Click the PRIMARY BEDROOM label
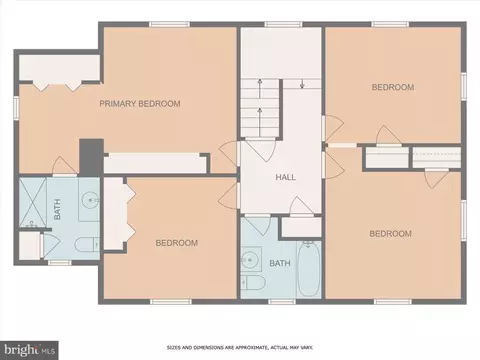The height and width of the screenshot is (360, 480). click(x=140, y=104)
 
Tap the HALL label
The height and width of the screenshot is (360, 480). click(x=286, y=177)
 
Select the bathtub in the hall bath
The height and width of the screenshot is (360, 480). click(x=309, y=269)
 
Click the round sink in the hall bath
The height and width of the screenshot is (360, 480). click(x=248, y=258)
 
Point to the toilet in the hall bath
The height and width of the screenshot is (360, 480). click(x=253, y=282)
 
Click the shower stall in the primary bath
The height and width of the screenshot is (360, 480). click(x=33, y=202)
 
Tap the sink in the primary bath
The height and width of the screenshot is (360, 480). click(x=90, y=200)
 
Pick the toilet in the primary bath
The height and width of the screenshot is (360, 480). click(x=87, y=245)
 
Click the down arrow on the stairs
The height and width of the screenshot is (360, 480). click(x=302, y=83)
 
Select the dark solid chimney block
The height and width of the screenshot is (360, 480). click(x=91, y=157)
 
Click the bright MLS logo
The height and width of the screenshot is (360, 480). click(x=29, y=350)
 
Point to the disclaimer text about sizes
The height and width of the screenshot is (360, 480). click(x=240, y=348)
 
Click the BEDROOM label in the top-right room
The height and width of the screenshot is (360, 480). click(x=393, y=87)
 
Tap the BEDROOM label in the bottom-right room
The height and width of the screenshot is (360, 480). click(x=390, y=233)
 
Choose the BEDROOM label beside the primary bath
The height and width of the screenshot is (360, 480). click(x=177, y=243)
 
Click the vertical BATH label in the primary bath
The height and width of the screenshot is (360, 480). click(x=57, y=209)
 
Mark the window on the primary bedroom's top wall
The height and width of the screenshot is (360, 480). click(x=169, y=24)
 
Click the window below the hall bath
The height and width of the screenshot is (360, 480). click(x=282, y=302)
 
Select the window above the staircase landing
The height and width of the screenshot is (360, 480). click(x=283, y=24)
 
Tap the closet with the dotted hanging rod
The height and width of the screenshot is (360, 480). click(x=437, y=157)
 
